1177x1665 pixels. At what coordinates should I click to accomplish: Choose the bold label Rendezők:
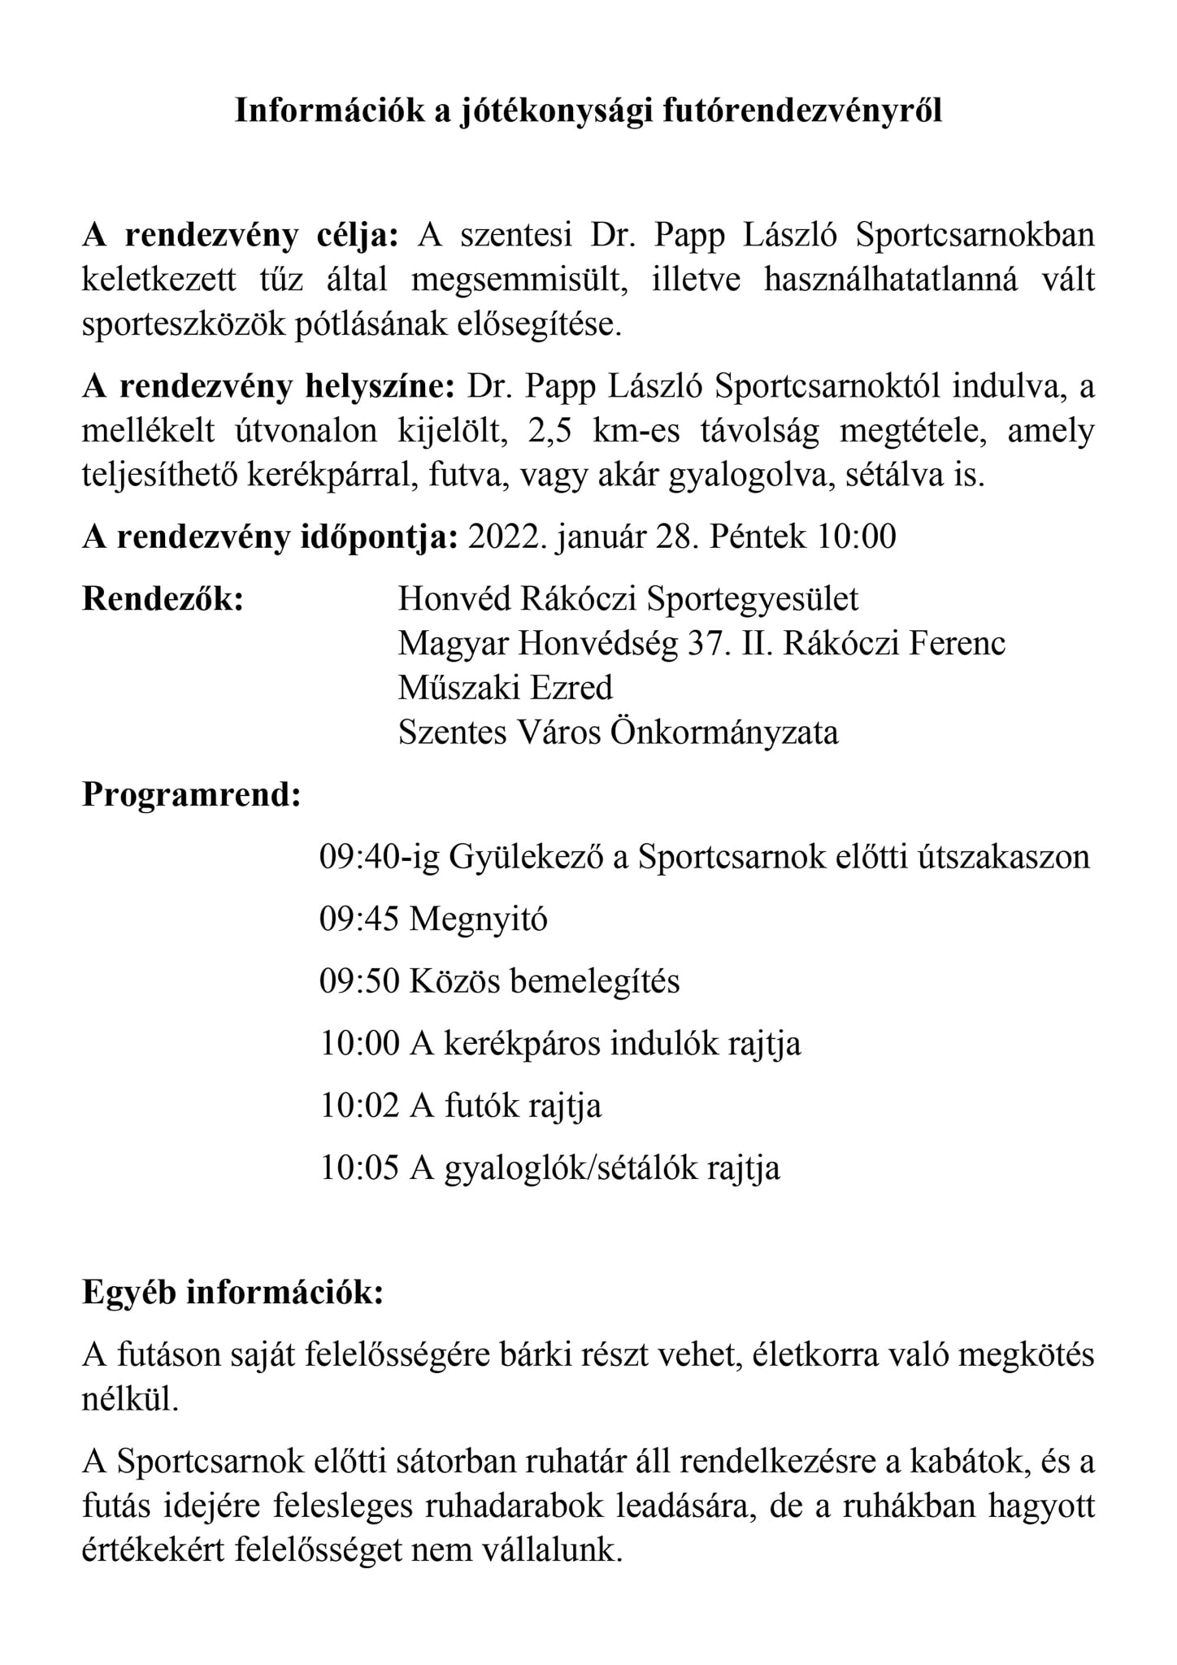[163, 600]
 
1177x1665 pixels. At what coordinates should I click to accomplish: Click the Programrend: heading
[192, 794]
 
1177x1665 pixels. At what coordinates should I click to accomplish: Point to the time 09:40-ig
[379, 858]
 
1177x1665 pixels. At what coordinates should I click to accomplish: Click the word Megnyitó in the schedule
[479, 919]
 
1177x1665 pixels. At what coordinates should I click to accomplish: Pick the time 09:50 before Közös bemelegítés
[359, 981]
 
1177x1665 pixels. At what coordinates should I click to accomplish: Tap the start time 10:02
[359, 1106]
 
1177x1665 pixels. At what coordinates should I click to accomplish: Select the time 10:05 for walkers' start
[359, 1168]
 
